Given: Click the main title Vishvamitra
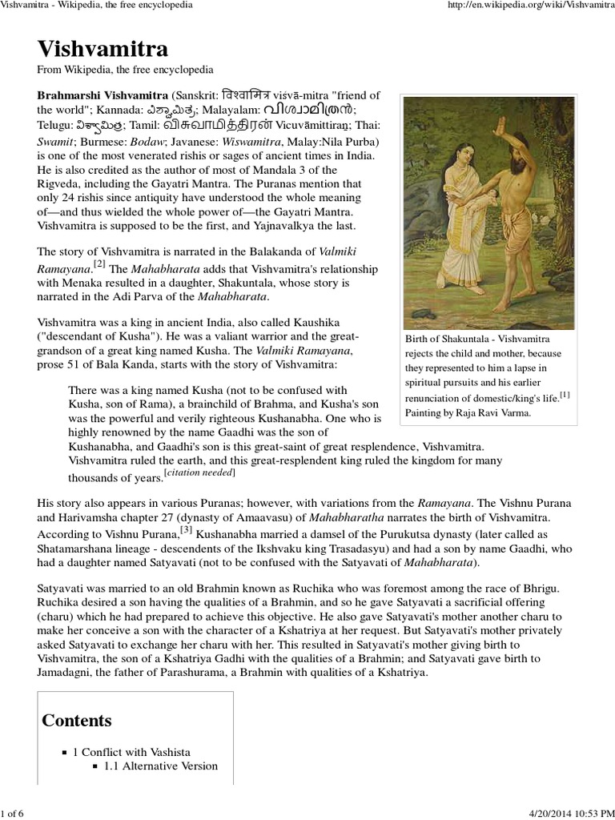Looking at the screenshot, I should coord(102,50).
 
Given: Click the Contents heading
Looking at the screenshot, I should coord(77,720).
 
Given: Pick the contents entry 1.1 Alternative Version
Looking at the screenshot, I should coord(160,766).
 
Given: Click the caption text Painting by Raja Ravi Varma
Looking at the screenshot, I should coord(468,412).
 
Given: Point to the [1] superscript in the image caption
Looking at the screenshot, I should coord(565,393).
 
